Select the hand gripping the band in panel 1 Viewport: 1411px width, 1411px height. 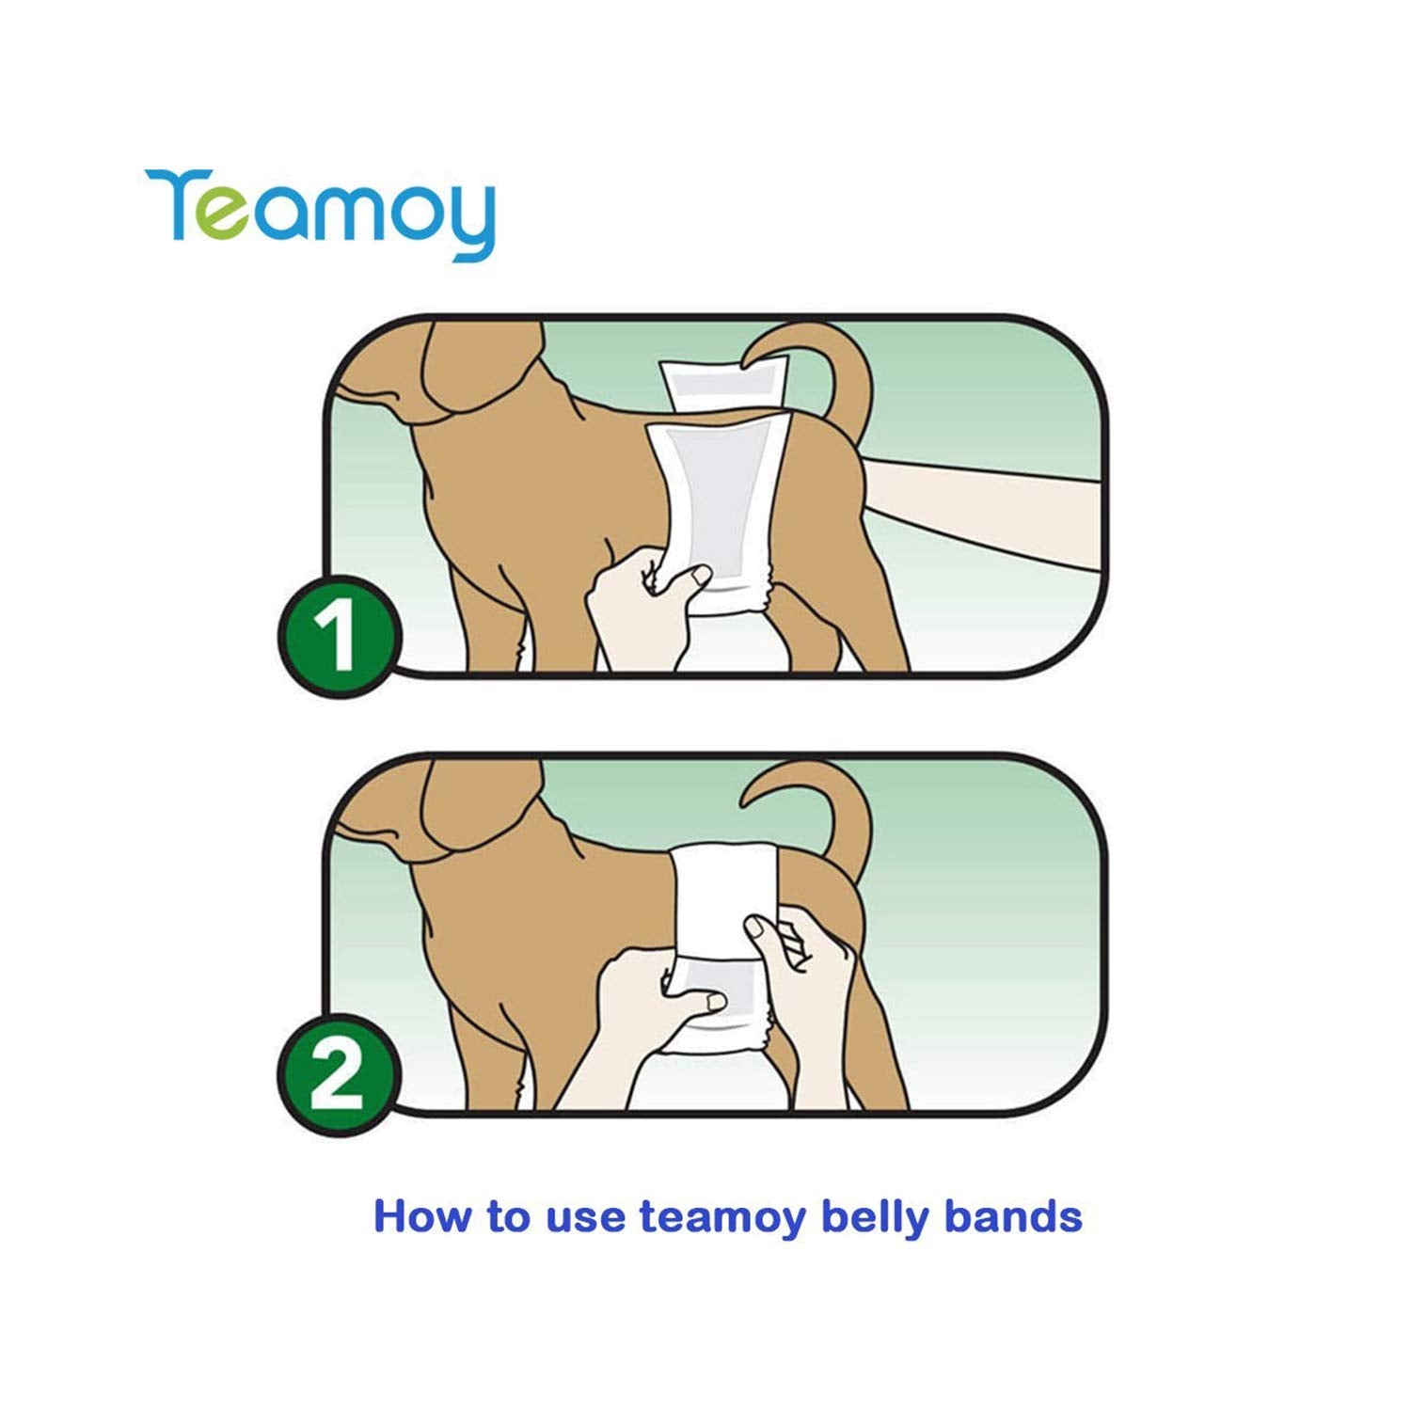point(649,602)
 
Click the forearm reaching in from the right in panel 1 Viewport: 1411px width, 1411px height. point(978,508)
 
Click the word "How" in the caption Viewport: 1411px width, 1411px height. point(420,1215)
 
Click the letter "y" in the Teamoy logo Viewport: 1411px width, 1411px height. point(467,222)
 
